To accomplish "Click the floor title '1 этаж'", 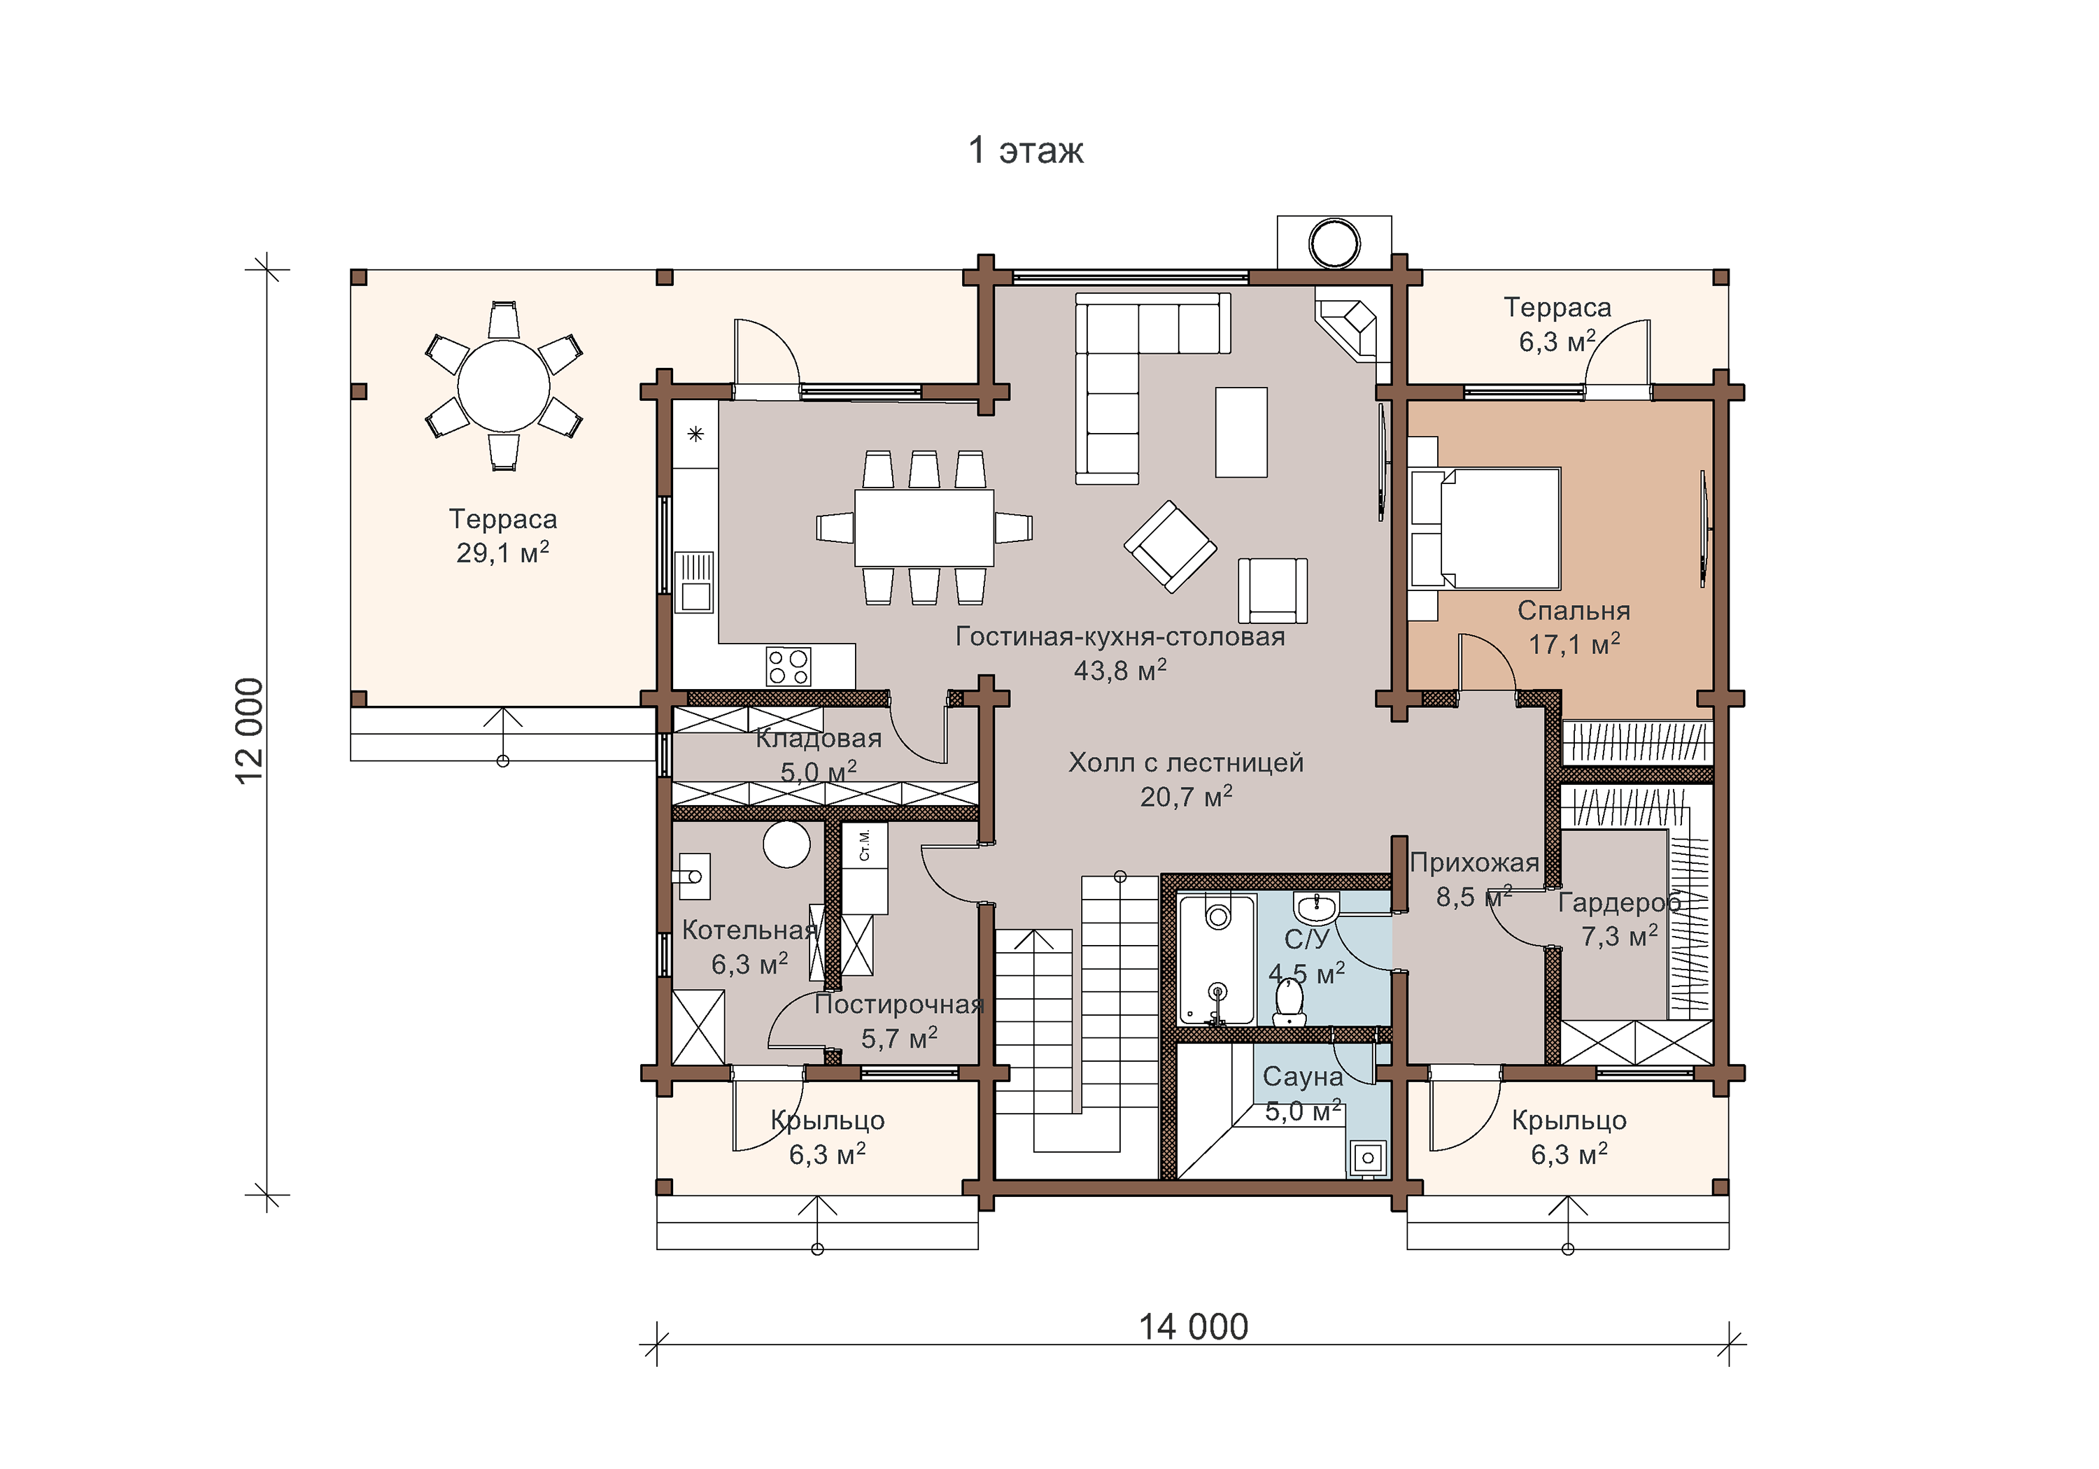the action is (x=1026, y=150).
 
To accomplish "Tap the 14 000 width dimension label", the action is (x=1193, y=1326).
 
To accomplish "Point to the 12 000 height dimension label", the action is (x=248, y=730).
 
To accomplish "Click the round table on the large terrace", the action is (x=504, y=385).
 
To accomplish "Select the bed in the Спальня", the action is (x=1485, y=528).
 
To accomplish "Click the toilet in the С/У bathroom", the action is (x=1289, y=1003).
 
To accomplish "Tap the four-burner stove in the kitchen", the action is (x=788, y=667).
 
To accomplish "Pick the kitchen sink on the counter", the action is (x=695, y=581).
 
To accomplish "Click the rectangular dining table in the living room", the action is (x=924, y=528).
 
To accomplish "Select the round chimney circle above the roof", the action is (x=1335, y=244).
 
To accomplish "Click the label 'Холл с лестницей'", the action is (x=1186, y=762).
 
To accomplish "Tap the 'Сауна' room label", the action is (x=1303, y=1077).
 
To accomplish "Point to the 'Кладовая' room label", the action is (x=818, y=738).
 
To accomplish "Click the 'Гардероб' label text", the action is (x=1619, y=903).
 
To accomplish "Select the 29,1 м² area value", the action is (x=503, y=552).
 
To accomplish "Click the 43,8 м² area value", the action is (x=1120, y=670).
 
